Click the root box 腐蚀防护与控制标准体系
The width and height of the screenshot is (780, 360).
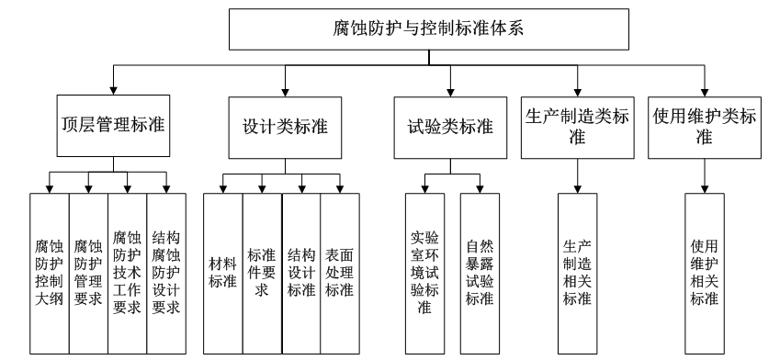[429, 28]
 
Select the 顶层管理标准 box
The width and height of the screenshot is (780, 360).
[113, 126]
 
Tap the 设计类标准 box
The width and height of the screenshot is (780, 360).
[285, 128]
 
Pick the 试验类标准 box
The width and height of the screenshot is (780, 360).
[451, 128]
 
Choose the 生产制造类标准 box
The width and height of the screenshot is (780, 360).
[578, 128]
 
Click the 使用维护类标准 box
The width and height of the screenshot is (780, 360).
[705, 128]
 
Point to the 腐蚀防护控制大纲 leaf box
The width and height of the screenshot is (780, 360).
[50, 274]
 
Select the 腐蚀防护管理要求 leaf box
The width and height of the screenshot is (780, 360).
[88, 274]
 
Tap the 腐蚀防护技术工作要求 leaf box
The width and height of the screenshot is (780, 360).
[128, 274]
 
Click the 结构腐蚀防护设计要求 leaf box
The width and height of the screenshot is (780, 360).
[166, 274]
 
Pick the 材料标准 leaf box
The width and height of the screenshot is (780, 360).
[223, 274]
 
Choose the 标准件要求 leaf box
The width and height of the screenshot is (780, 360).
[263, 274]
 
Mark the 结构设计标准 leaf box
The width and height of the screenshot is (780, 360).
[301, 274]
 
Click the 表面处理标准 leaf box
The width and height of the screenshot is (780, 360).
[340, 274]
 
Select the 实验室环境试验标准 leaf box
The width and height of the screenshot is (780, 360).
[424, 274]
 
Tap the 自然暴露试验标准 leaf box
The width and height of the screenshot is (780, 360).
[480, 274]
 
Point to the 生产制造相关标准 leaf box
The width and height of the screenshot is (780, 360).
[578, 274]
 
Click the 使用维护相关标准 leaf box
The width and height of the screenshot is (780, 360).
[705, 274]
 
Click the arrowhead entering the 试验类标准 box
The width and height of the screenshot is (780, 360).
[451, 93]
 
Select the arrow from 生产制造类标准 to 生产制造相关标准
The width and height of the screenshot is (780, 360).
[578, 176]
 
